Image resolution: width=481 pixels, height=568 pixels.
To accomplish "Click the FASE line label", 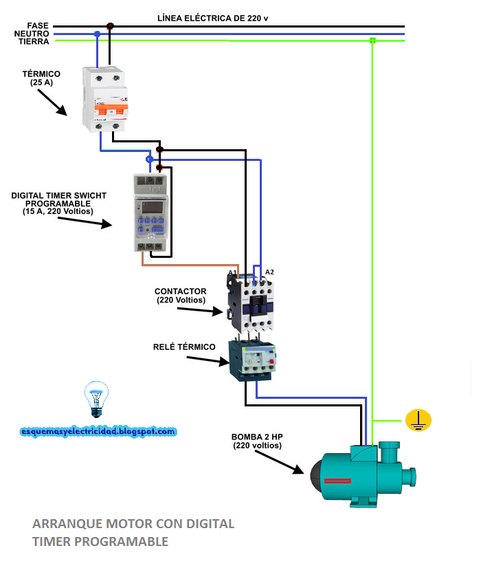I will (37, 25).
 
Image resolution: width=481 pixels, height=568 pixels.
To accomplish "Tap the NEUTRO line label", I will (33, 34).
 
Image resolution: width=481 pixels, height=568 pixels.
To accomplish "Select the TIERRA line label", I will (34, 42).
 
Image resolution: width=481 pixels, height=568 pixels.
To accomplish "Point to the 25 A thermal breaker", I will (105, 99).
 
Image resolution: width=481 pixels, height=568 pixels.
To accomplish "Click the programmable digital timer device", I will (150, 212).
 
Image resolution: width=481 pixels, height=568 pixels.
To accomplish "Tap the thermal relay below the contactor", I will (255, 358).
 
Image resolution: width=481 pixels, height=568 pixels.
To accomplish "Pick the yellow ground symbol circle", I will (418, 419).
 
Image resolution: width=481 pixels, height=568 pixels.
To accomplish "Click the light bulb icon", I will (96, 400).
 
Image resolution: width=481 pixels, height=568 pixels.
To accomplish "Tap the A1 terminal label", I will (232, 272).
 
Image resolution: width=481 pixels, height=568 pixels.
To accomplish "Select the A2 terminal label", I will (269, 272).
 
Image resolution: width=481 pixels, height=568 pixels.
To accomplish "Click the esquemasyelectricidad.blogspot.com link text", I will (98, 431).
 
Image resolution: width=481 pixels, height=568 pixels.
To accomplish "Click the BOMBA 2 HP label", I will (257, 441).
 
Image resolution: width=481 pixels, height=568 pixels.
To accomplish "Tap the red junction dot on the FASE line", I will (110, 26).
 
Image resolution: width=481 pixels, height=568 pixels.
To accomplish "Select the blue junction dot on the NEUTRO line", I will (98, 34).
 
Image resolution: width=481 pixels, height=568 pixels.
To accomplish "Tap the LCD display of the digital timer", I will (150, 206).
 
